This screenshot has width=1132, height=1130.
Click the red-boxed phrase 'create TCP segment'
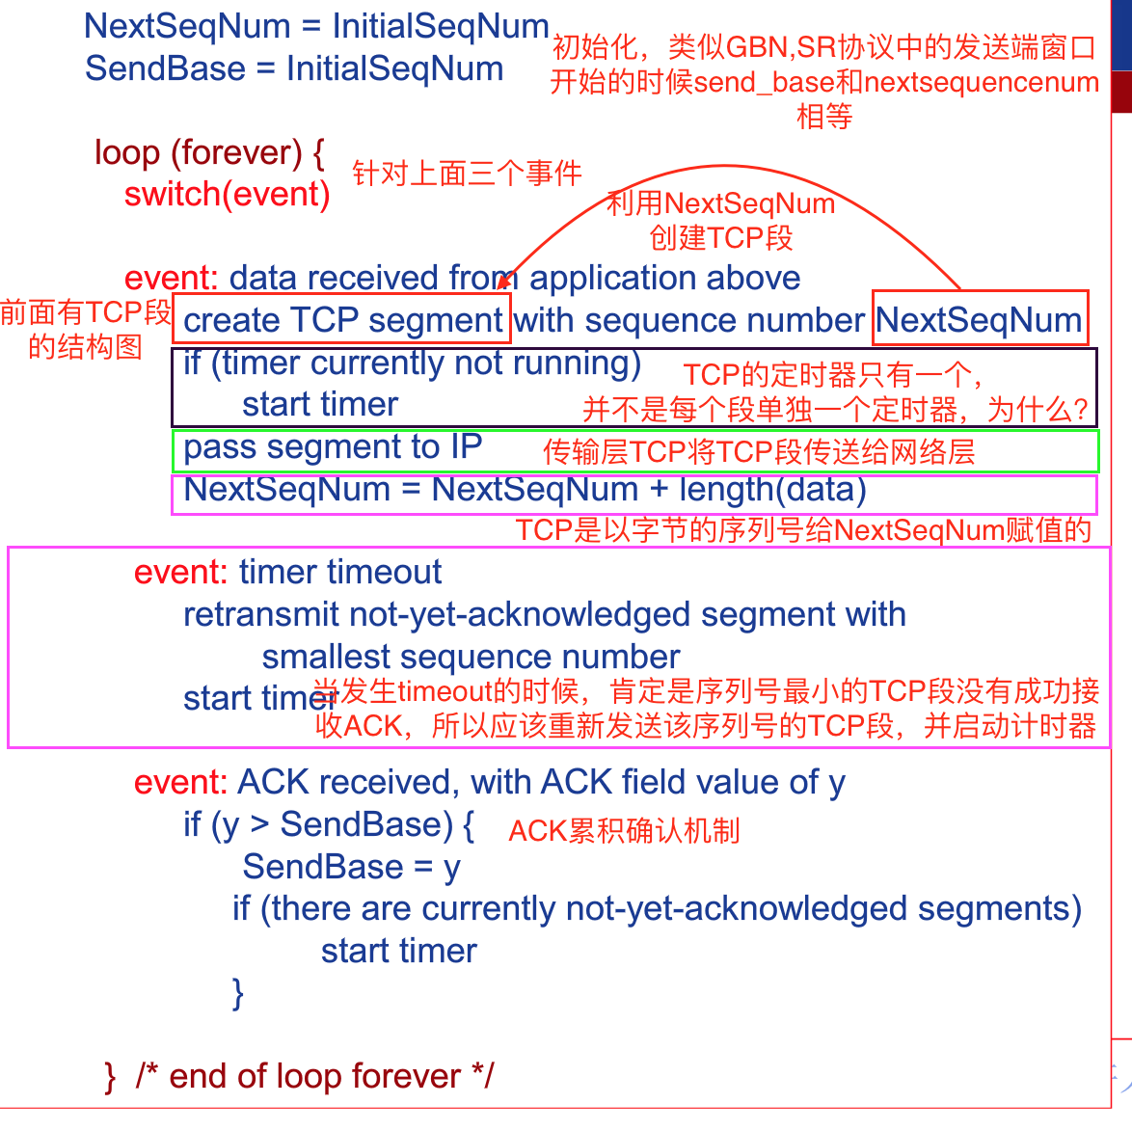point(343,320)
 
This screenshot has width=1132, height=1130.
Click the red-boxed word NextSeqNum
point(980,320)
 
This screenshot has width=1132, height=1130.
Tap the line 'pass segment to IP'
point(333,447)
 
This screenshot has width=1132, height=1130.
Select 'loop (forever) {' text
point(209,152)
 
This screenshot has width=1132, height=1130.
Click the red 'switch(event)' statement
point(228,195)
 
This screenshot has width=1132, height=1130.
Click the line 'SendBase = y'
point(352,867)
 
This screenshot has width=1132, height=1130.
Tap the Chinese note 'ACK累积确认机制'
point(624,831)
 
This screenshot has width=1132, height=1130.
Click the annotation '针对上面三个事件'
point(467,174)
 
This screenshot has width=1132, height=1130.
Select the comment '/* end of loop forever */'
point(314,1076)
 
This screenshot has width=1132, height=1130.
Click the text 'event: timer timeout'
point(287,573)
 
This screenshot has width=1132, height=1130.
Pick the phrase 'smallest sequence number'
point(471,657)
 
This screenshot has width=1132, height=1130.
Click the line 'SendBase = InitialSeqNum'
point(294,69)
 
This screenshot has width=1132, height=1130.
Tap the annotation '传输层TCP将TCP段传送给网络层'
point(759,451)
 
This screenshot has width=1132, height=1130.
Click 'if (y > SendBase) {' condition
point(329,824)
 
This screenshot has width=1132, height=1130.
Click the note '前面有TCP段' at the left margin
point(85,312)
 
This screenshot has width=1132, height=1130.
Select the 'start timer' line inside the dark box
point(320,405)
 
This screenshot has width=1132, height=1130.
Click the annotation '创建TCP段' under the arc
point(721,238)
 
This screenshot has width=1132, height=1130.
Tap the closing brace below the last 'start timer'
point(238,993)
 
